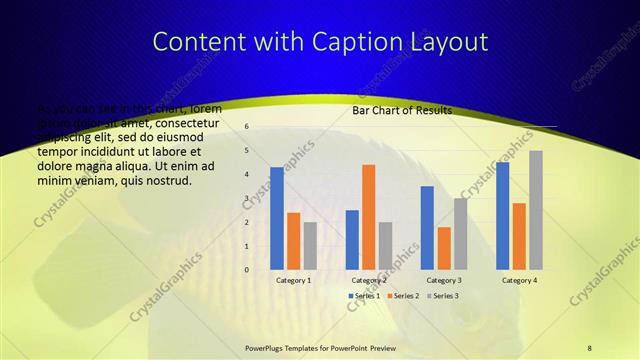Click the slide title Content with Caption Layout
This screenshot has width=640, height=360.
click(319, 42)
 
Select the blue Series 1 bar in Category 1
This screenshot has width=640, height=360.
click(277, 218)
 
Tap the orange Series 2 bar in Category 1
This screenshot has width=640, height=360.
click(293, 241)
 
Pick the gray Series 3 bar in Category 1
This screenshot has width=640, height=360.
click(310, 246)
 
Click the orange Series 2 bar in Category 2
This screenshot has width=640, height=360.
click(369, 217)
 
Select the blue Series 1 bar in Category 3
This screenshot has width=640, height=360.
click(427, 228)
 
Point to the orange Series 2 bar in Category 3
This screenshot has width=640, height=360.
click(444, 248)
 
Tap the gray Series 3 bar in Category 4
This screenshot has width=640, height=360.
click(536, 210)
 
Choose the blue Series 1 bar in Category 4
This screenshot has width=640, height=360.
click(503, 216)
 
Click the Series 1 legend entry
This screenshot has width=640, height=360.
click(364, 296)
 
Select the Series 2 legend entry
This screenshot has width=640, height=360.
click(402, 296)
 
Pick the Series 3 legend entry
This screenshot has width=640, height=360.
click(441, 296)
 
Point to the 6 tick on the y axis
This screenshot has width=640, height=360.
click(246, 127)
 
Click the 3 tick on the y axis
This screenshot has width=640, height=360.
click(246, 198)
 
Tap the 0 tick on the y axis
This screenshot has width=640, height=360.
click(246, 270)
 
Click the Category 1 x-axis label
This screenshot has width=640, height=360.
click(293, 281)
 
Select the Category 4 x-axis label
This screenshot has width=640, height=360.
click(519, 281)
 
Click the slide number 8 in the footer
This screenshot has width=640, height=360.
click(589, 347)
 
